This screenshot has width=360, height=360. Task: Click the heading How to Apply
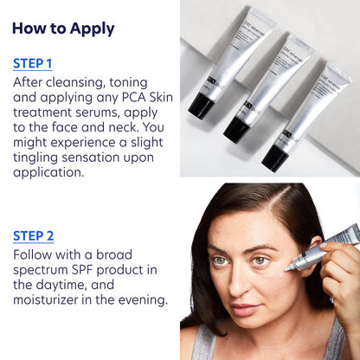tap(63, 29)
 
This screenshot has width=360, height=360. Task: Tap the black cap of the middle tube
tap(235, 129)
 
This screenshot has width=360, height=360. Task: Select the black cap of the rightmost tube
tap(274, 157)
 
